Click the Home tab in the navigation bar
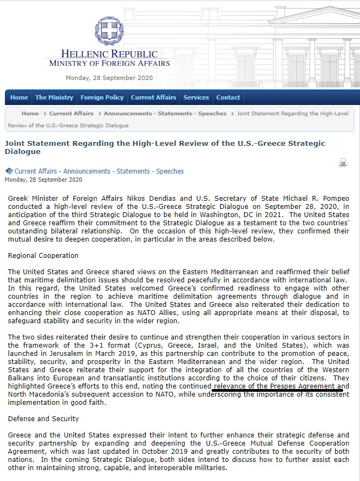pyautogui.click(x=19, y=97)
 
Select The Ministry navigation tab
pyautogui.click(x=54, y=97)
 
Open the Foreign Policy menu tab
pyautogui.click(x=102, y=97)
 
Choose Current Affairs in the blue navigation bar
pyautogui.click(x=153, y=97)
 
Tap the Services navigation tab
pyautogui.click(x=196, y=97)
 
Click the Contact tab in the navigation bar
pyautogui.click(x=228, y=97)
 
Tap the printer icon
pyautogui.click(x=343, y=162)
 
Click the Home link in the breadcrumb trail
pyautogui.click(x=30, y=114)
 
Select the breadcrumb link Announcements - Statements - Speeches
pyautogui.click(x=165, y=114)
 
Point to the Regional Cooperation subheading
pyautogui.click(x=44, y=256)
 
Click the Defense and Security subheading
pyautogui.click(x=44, y=419)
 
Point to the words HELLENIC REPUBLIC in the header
pyautogui.click(x=109, y=54)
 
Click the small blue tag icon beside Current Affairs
pyautogui.click(x=9, y=171)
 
